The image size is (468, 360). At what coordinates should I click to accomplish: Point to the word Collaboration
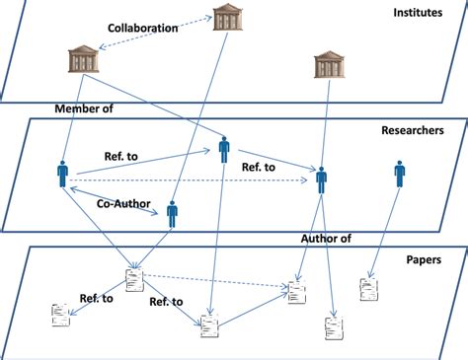(142, 28)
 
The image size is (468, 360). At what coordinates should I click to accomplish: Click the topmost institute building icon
(230, 17)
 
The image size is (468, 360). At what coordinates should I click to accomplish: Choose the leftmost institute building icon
(83, 59)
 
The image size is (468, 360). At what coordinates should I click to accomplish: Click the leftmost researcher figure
(63, 176)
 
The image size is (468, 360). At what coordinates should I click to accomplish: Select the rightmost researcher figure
(399, 175)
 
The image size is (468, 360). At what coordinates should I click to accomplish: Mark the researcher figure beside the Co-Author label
(172, 213)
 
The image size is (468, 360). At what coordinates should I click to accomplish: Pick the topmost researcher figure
(224, 150)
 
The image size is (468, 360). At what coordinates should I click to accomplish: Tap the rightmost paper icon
(368, 289)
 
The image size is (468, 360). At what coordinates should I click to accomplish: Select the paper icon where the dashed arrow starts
(133, 279)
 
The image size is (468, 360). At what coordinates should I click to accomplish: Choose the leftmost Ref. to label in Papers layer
(95, 298)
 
